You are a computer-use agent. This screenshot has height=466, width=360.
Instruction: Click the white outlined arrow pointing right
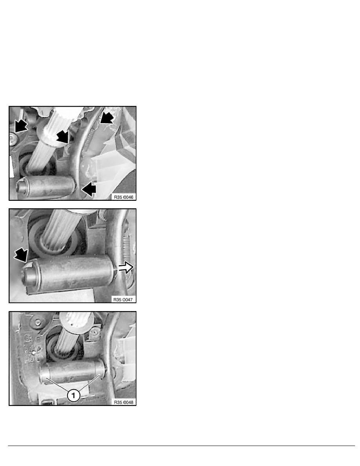[126, 269]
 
